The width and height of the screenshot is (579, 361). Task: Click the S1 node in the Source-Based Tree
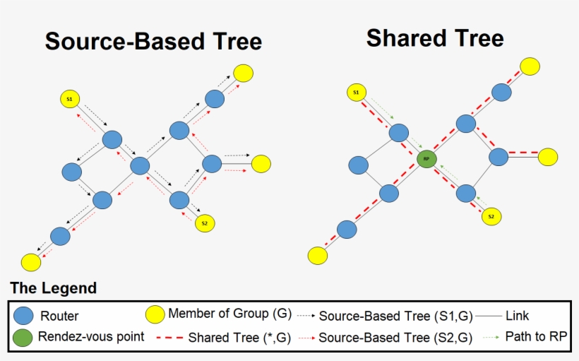click(70, 100)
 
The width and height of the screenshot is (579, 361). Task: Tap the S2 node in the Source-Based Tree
click(205, 223)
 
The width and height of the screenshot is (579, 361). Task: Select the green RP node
click(426, 159)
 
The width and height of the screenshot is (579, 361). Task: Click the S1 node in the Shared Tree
click(357, 92)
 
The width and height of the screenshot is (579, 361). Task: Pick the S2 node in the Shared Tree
click(492, 216)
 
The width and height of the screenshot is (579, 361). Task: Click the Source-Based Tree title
click(153, 41)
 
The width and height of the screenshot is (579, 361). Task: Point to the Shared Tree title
click(435, 38)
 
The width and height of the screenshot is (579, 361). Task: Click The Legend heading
click(54, 289)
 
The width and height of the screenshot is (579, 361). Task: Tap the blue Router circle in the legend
click(24, 315)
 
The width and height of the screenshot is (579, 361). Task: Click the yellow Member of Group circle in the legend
click(155, 314)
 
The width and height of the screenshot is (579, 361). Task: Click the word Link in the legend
click(517, 316)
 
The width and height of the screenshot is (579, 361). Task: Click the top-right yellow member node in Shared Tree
click(530, 66)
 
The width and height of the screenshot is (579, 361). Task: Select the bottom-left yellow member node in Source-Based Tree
click(30, 262)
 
